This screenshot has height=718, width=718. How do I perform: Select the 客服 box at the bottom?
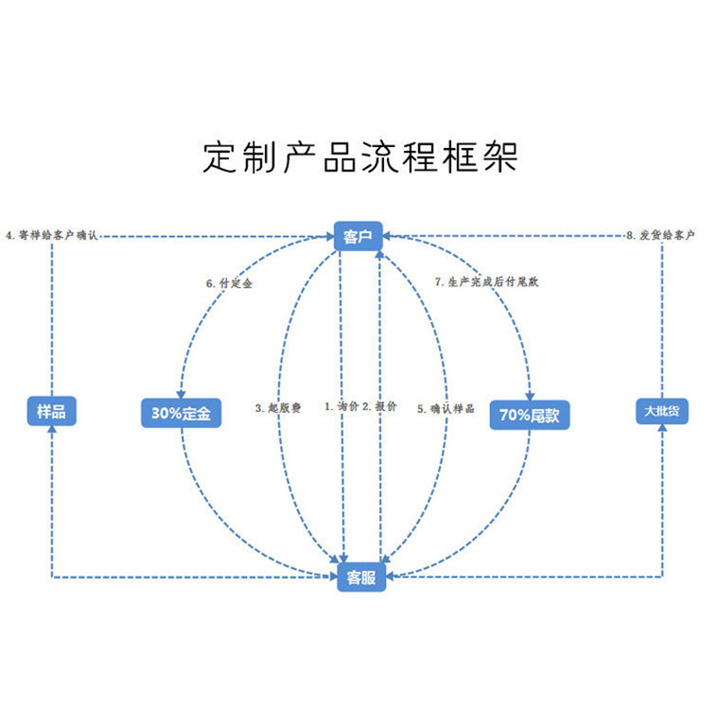pyautogui.click(x=360, y=577)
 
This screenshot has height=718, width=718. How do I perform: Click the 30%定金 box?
pyautogui.click(x=181, y=414)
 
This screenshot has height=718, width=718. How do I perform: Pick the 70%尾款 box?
pyautogui.click(x=530, y=415)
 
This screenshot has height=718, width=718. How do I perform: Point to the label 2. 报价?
pyautogui.click(x=380, y=407)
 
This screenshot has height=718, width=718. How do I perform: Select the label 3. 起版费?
pyautogui.click(x=277, y=407)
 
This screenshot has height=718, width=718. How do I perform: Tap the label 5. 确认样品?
pyautogui.click(x=445, y=408)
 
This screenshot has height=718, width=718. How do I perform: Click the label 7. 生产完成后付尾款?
pyautogui.click(x=486, y=282)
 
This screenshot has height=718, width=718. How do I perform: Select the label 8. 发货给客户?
pyautogui.click(x=661, y=235)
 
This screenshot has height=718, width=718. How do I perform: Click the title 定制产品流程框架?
pyautogui.click(x=360, y=158)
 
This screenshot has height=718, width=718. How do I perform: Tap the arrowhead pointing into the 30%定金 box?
pyautogui.click(x=182, y=396)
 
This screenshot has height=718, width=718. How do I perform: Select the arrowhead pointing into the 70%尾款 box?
pyautogui.click(x=530, y=397)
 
